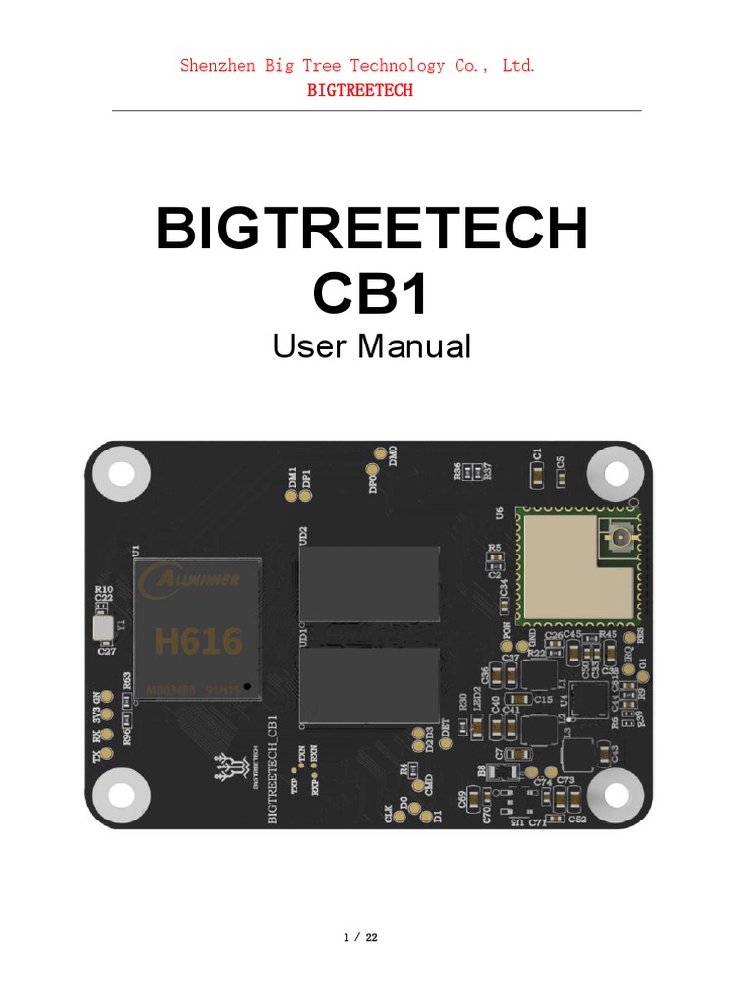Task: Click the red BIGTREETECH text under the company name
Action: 360,90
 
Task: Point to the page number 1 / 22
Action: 360,938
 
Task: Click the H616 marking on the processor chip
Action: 197,642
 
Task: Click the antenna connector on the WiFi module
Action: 620,537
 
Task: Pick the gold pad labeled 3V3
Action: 109,715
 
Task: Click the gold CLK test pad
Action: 389,797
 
